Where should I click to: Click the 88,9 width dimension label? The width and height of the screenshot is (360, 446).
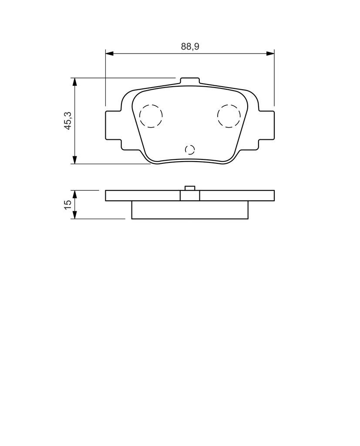tap(190, 46)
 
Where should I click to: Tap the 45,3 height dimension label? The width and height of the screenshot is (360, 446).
tap(68, 121)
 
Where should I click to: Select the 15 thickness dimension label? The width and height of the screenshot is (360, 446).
tap(68, 205)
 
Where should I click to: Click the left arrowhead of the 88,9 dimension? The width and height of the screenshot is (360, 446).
tap(109, 54)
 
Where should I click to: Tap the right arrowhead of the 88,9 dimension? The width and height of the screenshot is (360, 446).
tap(270, 54)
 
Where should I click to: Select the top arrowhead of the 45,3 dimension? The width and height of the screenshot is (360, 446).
tap(75, 81)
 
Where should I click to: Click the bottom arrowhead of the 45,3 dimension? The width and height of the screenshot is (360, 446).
tap(75, 159)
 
